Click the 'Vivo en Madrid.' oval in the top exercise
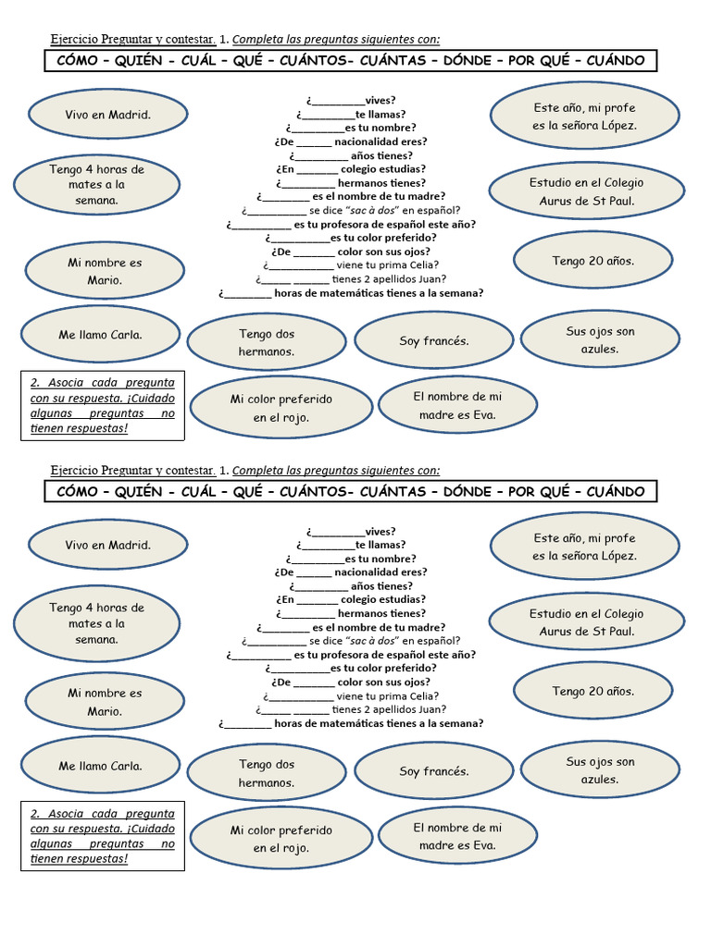[107, 114]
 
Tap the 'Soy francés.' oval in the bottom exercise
[433, 771]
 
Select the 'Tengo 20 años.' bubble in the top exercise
[593, 260]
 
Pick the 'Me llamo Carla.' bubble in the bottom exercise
[100, 766]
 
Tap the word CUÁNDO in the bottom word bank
[616, 492]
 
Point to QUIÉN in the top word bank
[139, 60]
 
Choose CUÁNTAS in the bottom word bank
[393, 492]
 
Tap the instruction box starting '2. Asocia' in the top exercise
[103, 406]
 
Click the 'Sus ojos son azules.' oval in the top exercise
[600, 340]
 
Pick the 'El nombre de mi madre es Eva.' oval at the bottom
[457, 836]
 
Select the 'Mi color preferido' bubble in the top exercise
[281, 408]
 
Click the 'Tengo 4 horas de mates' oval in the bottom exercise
[96, 623]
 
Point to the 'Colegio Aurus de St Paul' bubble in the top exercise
[586, 191]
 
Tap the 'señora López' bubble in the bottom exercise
[585, 547]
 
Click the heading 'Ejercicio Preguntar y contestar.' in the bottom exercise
[133, 471]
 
